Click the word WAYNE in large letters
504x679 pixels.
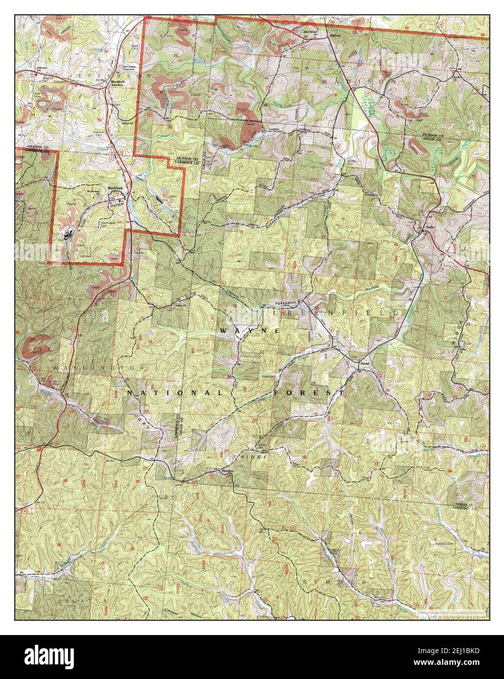(x=249, y=331)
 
